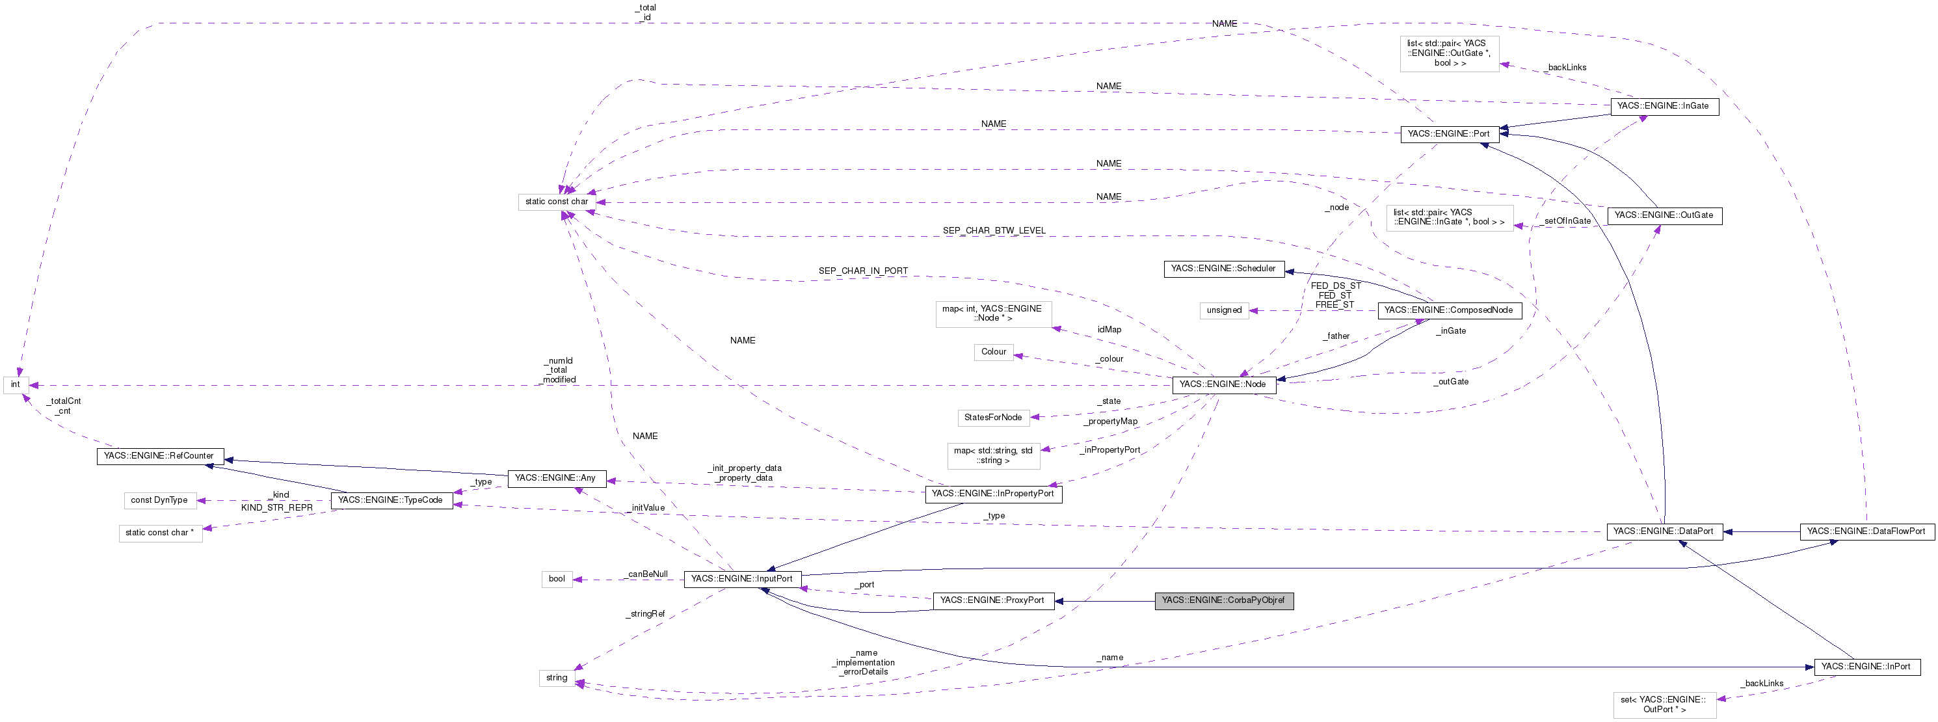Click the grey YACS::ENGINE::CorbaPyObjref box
tap(1223, 600)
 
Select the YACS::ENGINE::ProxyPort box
tap(992, 600)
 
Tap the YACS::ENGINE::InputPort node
tap(742, 578)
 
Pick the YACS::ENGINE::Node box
tap(1223, 384)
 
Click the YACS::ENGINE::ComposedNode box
tap(1448, 310)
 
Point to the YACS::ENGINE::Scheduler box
tap(1223, 269)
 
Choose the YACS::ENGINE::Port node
tap(1448, 134)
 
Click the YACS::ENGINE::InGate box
tap(1664, 106)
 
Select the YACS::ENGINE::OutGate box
tap(1664, 215)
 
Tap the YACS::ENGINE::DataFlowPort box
tap(1866, 531)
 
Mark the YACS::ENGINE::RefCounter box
tap(159, 456)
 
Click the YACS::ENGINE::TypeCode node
tap(390, 500)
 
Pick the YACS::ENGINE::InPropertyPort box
tap(992, 493)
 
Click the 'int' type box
tap(15, 384)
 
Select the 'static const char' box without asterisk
tap(557, 202)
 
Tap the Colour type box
tap(993, 352)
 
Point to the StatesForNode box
tap(993, 418)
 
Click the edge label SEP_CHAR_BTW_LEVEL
tap(994, 231)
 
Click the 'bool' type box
tap(557, 578)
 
